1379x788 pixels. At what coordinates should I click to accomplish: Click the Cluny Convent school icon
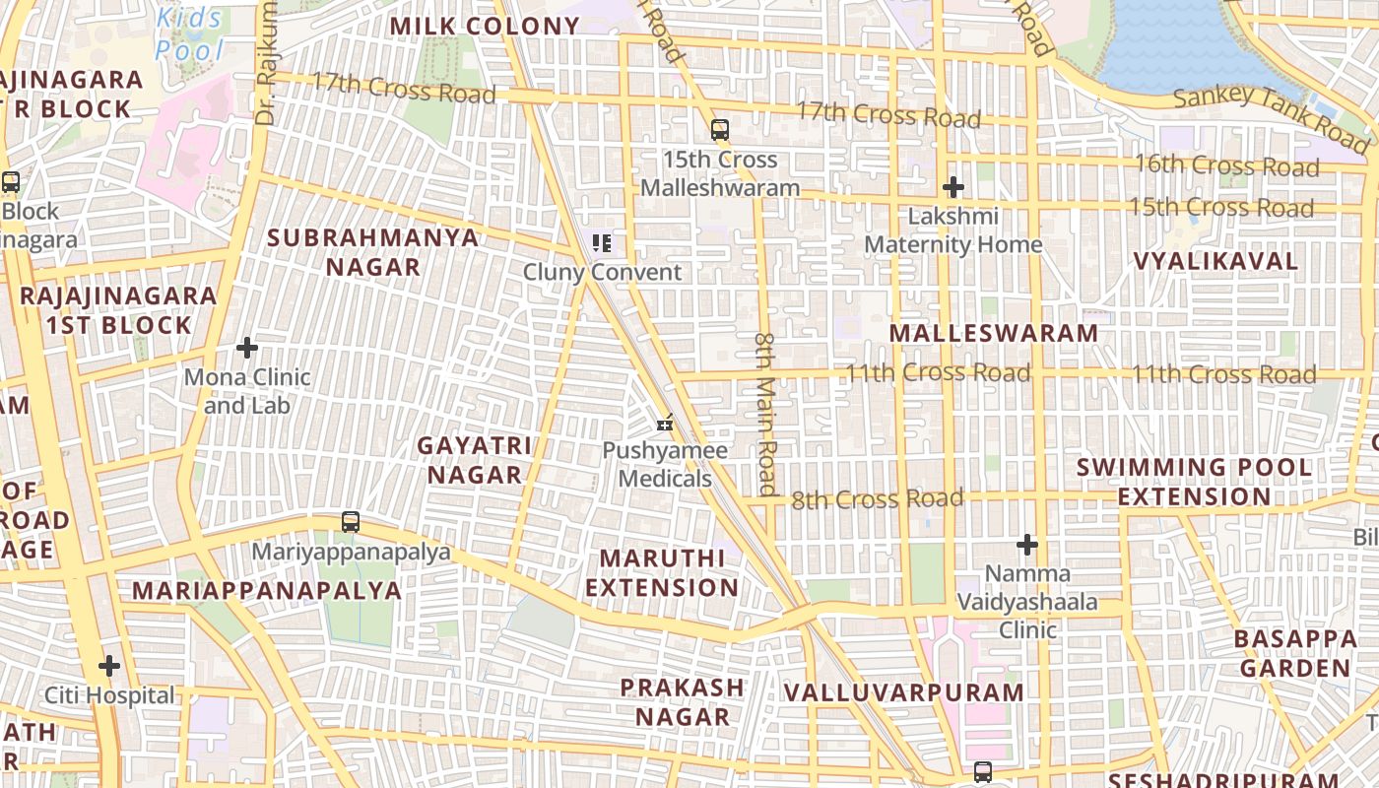click(x=602, y=242)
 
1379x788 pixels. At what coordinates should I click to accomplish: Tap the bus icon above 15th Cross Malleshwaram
click(x=720, y=129)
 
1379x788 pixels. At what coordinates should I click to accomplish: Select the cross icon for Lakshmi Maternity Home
click(x=952, y=186)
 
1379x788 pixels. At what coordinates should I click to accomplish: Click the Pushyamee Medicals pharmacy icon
click(x=666, y=424)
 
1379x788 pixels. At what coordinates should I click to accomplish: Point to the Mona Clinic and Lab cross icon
click(x=247, y=348)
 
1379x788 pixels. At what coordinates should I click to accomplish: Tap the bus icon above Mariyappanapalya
click(x=351, y=522)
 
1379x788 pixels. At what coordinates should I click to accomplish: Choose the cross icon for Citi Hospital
click(x=109, y=666)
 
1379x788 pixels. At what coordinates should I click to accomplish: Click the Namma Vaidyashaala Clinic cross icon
click(x=1027, y=544)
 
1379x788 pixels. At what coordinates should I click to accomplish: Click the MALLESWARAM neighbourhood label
click(x=993, y=333)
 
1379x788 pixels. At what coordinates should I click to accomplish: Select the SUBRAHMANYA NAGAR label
click(x=373, y=252)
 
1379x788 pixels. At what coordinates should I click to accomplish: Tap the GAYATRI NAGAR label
click(x=474, y=460)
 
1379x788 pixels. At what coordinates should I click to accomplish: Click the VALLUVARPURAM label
click(x=903, y=692)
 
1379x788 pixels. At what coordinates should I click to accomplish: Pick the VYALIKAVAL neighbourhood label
click(x=1215, y=261)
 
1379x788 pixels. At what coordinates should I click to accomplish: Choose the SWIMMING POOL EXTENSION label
click(x=1194, y=482)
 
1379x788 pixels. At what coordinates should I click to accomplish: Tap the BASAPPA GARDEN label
click(x=1294, y=653)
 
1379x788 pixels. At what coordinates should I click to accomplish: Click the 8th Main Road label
click(x=766, y=414)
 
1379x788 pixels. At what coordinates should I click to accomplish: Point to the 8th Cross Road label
click(x=877, y=499)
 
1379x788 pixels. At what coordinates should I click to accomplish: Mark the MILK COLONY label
click(x=485, y=26)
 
